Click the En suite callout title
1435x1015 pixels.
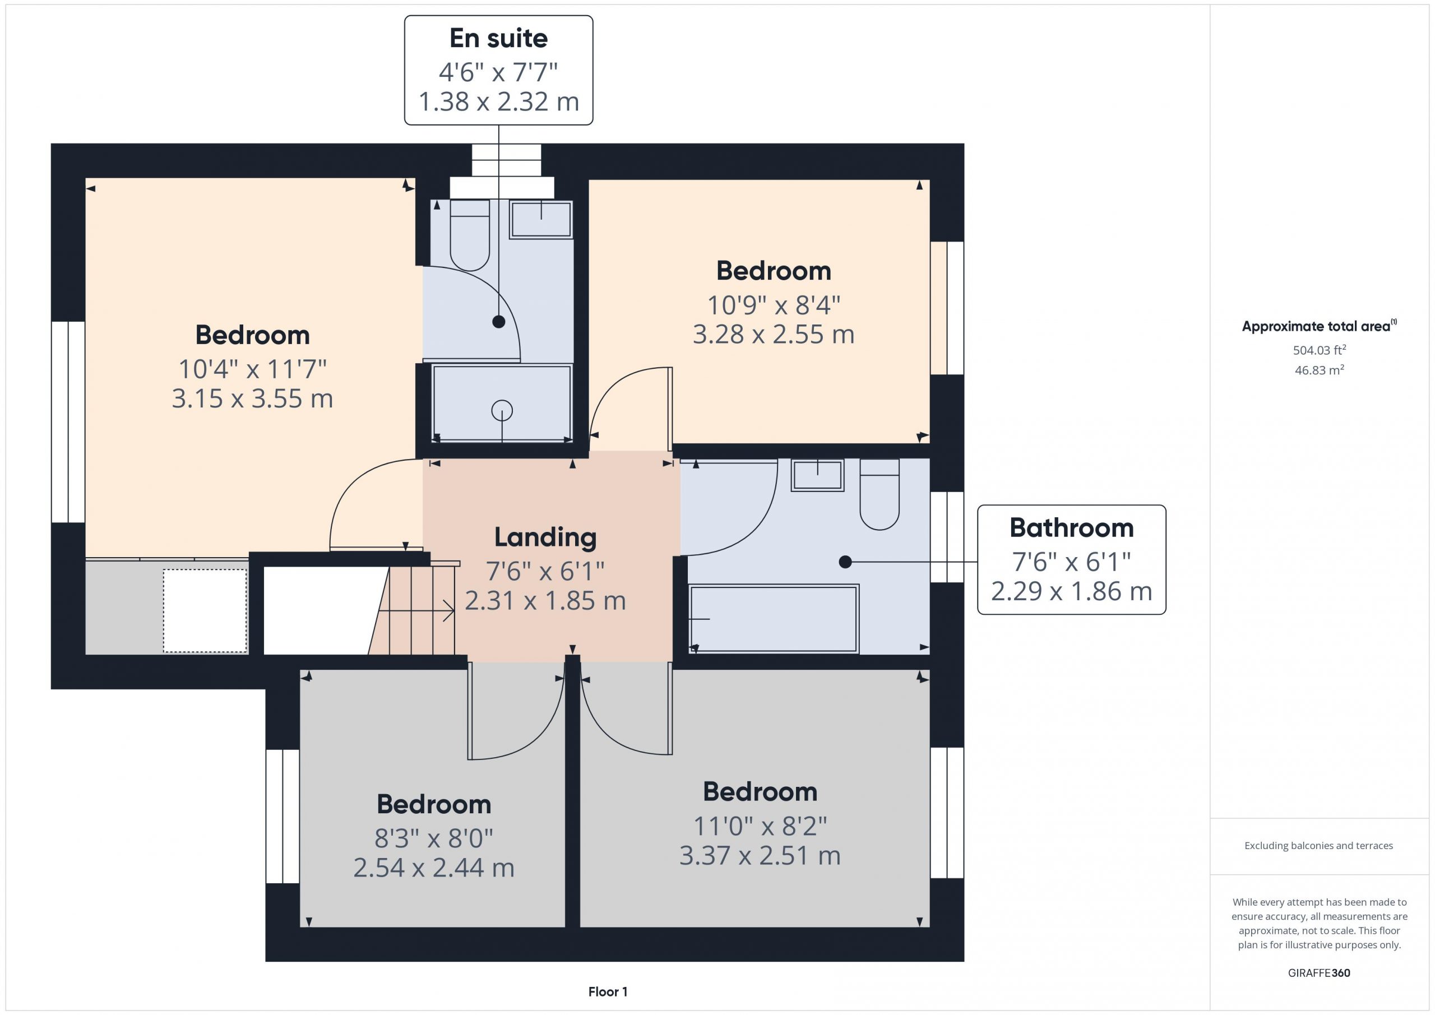click(x=498, y=39)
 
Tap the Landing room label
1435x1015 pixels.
click(x=545, y=537)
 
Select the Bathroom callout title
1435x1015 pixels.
click(x=1071, y=528)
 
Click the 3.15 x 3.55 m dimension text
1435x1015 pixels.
click(x=252, y=398)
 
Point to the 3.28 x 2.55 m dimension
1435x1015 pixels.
click(x=773, y=335)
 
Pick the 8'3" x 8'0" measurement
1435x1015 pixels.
click(x=434, y=838)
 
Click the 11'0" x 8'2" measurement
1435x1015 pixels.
click(x=760, y=826)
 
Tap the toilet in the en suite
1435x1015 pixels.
click(x=469, y=235)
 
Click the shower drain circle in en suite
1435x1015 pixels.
click(x=502, y=411)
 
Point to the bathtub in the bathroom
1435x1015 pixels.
click(x=774, y=619)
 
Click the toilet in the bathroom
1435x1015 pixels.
click(x=879, y=494)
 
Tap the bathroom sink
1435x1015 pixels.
click(x=817, y=475)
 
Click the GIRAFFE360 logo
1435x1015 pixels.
click(x=1319, y=973)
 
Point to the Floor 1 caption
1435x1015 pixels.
click(x=608, y=992)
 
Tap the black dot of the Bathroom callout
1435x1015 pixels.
click(x=845, y=562)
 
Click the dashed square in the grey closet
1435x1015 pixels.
click(x=205, y=610)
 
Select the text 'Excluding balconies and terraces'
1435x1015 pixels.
click(x=1319, y=846)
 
